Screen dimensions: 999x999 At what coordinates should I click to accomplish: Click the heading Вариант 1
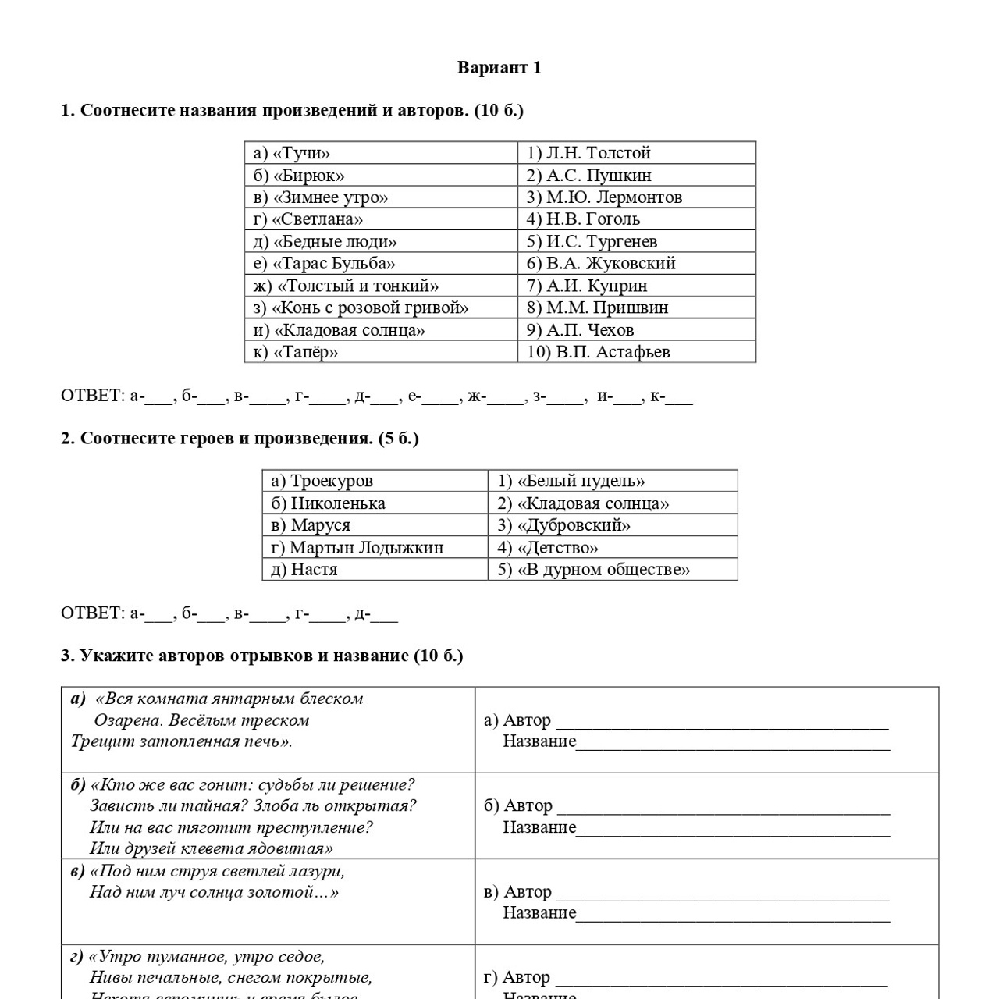(x=499, y=68)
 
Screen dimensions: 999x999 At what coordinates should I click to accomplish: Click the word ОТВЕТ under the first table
(x=92, y=396)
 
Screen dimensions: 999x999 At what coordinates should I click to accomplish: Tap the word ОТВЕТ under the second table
(x=92, y=613)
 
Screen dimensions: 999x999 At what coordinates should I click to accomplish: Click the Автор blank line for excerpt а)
(x=722, y=723)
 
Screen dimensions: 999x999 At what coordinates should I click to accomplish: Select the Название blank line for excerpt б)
(x=733, y=830)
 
